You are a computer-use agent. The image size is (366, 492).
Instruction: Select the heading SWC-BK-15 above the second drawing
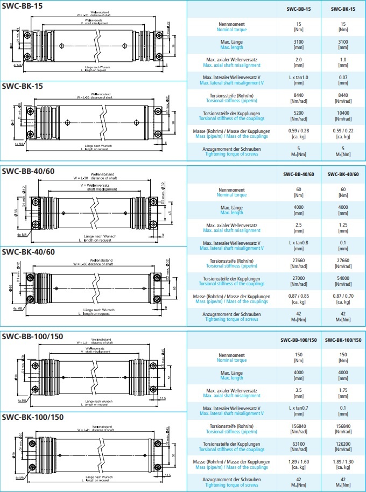(x=23, y=86)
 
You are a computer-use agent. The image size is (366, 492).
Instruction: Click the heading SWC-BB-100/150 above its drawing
(x=33, y=336)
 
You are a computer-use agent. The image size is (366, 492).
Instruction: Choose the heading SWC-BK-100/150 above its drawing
(x=33, y=417)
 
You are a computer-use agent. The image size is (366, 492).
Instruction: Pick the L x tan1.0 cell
(x=299, y=78)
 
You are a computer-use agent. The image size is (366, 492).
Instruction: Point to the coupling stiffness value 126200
(x=343, y=444)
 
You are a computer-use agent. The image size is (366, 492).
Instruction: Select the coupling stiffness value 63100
(x=299, y=444)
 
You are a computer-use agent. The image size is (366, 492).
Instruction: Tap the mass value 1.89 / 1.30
(x=343, y=462)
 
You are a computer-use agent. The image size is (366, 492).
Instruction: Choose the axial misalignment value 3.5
(x=299, y=390)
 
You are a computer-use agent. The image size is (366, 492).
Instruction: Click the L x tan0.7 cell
(x=299, y=408)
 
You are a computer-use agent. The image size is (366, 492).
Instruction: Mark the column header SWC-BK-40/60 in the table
(x=343, y=174)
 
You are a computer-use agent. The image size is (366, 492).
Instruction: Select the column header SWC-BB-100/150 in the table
(x=299, y=340)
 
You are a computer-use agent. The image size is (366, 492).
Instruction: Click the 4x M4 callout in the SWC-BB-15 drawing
(x=17, y=65)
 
